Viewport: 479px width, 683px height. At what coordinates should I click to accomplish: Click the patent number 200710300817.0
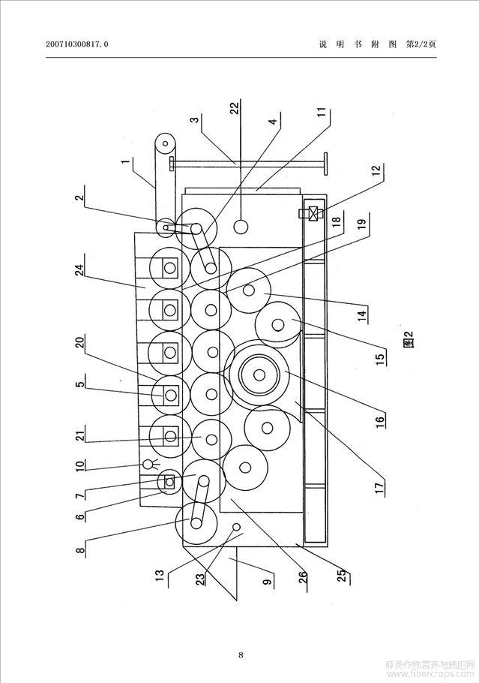click(x=77, y=44)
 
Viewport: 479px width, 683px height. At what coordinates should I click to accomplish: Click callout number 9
click(x=268, y=579)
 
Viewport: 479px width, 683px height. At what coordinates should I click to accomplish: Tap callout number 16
click(x=380, y=421)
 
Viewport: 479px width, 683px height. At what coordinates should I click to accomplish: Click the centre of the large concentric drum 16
click(x=259, y=375)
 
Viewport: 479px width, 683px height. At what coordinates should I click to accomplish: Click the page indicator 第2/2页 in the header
click(x=421, y=44)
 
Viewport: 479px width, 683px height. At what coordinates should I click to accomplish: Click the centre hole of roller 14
click(x=249, y=290)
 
